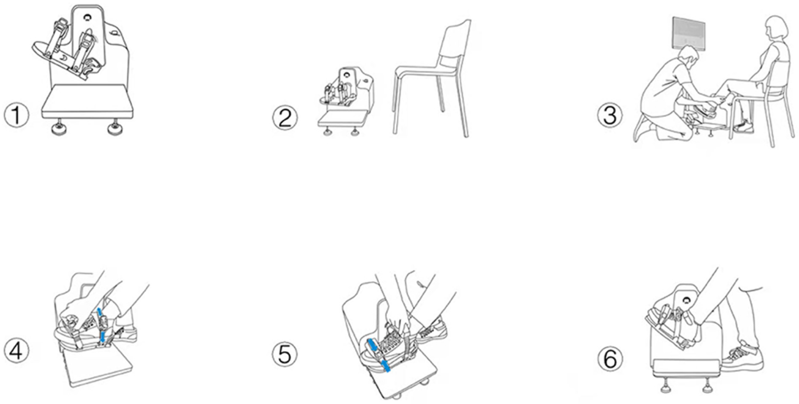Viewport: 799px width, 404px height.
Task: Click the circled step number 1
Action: pyautogui.click(x=16, y=115)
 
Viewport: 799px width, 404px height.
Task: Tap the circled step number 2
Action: pyautogui.click(x=285, y=118)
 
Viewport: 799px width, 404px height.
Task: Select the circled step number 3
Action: pyautogui.click(x=610, y=114)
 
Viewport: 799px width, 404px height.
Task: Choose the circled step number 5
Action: pyautogui.click(x=285, y=354)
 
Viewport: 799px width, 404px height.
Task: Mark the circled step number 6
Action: pyautogui.click(x=610, y=359)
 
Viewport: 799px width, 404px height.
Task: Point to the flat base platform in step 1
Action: pyautogui.click(x=88, y=103)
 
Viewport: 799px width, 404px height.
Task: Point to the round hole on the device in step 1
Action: pyautogui.click(x=87, y=17)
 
